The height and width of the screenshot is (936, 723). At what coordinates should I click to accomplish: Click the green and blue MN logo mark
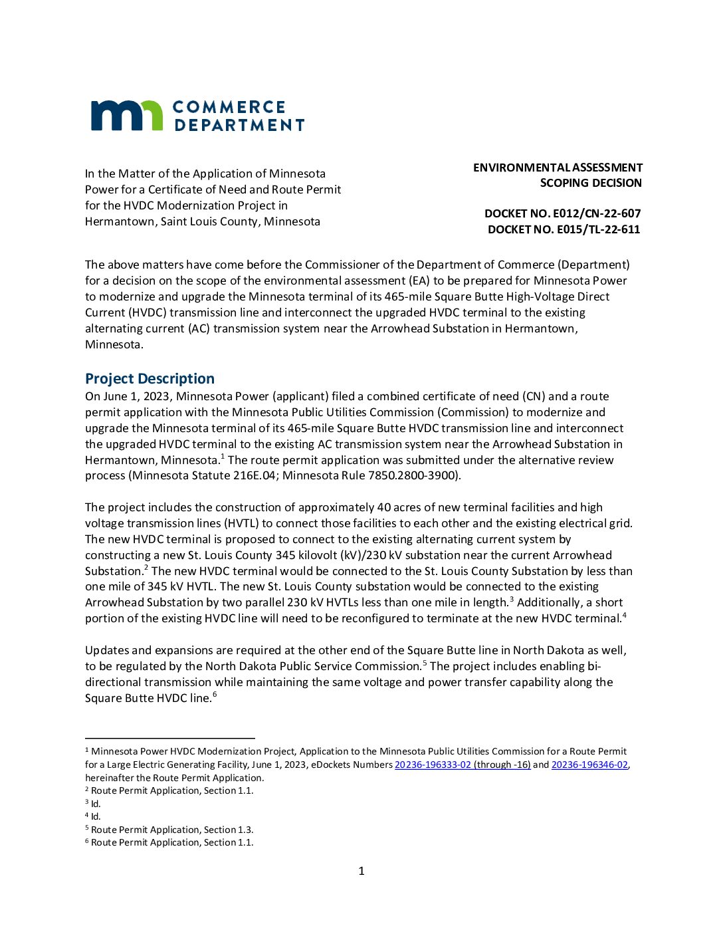tap(126, 115)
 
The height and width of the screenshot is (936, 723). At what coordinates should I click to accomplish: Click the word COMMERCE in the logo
tap(229, 107)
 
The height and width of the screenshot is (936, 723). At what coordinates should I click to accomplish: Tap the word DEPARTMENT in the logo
tap(239, 125)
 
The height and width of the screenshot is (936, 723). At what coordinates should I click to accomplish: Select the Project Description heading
tap(150, 378)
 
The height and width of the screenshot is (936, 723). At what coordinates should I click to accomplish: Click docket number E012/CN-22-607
tap(562, 213)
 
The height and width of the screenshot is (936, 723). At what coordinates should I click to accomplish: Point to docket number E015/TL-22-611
tap(564, 229)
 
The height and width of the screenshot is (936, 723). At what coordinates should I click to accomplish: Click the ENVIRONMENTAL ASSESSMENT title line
tap(558, 168)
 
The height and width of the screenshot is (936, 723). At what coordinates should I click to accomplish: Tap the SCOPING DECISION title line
tap(591, 183)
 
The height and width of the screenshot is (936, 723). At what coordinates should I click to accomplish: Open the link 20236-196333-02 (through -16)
tap(463, 764)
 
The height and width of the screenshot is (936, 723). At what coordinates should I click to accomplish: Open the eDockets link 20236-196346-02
tap(589, 764)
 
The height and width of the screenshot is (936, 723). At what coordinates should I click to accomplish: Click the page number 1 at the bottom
tap(361, 871)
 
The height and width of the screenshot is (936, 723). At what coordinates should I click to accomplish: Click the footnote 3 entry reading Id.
tap(95, 804)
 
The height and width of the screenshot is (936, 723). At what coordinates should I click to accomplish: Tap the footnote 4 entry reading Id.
tap(95, 816)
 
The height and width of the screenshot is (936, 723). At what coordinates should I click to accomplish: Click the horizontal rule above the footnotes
tap(169, 738)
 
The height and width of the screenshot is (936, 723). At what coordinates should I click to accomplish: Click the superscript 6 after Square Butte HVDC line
tap(215, 695)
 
